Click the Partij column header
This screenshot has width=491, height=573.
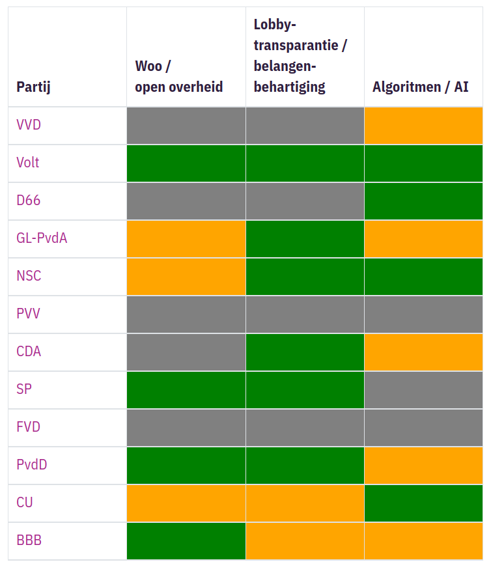[33, 87]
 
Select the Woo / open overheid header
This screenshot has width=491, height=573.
[178, 76]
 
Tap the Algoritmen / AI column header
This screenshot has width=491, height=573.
[420, 87]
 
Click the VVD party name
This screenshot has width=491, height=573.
[29, 125]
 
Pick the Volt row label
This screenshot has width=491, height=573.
[28, 163]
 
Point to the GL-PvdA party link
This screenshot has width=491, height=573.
[42, 238]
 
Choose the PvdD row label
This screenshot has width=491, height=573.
[32, 465]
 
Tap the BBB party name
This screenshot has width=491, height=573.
[29, 540]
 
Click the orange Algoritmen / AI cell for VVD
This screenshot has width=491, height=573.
[423, 126]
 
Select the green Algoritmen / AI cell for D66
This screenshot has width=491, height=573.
[423, 201]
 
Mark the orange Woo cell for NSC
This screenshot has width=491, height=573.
[186, 277]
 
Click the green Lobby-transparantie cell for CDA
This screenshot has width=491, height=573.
[305, 352]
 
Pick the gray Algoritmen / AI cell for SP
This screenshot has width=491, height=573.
[423, 390]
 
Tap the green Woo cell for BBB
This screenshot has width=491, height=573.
[186, 541]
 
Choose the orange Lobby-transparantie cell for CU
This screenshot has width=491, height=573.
[305, 503]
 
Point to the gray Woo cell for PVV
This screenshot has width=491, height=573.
[186, 314]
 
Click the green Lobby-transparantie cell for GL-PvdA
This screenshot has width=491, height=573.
[305, 239]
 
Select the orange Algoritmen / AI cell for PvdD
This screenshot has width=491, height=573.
[423, 466]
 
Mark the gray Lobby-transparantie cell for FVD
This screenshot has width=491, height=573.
[305, 428]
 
